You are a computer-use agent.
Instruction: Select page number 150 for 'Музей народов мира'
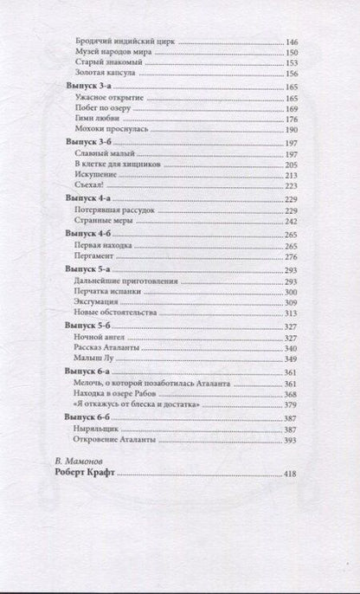(290, 52)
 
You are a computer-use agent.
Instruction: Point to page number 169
(290, 111)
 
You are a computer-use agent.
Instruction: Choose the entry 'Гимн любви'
(91, 121)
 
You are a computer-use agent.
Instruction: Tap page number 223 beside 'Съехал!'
(290, 185)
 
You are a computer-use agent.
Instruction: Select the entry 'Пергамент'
(91, 256)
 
